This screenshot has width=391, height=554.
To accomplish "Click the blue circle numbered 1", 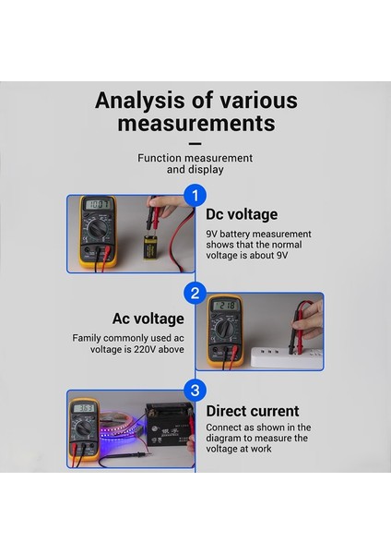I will click(x=194, y=195).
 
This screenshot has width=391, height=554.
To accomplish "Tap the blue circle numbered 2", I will click(x=194, y=294).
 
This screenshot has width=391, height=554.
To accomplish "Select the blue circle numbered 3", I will click(x=194, y=390).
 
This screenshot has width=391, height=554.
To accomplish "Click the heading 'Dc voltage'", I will click(x=241, y=214).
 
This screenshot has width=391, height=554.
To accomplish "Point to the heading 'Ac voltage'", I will click(x=148, y=319).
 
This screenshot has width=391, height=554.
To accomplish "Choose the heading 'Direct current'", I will click(x=252, y=411).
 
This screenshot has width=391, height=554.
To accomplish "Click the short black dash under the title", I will click(x=195, y=143).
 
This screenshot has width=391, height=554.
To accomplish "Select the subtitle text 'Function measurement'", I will click(x=195, y=158).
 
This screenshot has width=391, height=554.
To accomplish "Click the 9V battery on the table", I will click(x=149, y=247).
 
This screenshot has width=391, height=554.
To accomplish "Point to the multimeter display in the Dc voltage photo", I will click(x=96, y=205).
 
